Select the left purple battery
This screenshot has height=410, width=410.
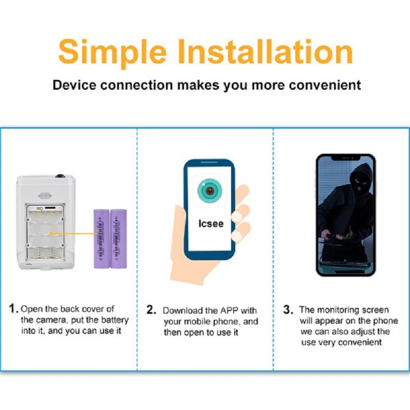click(100, 238)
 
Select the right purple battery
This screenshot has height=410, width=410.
click(118, 238)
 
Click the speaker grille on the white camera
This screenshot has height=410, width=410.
click(45, 196)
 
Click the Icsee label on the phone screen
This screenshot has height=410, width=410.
click(211, 224)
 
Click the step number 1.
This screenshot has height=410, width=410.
click(14, 309)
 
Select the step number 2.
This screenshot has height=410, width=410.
click(151, 310)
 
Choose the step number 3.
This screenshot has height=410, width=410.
click(288, 310)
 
